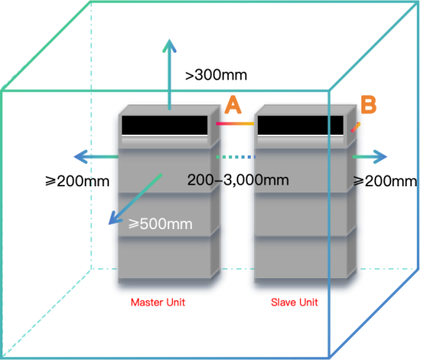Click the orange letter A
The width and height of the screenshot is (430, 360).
pos(233,104)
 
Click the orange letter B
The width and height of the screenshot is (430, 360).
pos(368,104)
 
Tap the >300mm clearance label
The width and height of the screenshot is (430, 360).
pos(216,75)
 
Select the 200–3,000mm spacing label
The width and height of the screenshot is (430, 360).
pos(238,180)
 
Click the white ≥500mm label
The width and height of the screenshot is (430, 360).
pos(160,224)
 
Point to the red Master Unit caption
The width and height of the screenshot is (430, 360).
pos(157,302)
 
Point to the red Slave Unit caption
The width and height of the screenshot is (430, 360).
pos(294,302)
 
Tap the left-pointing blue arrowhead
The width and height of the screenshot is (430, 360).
pos(80,157)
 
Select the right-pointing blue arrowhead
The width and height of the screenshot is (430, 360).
pos(380,157)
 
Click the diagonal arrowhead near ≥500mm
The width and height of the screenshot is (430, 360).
pos(115,218)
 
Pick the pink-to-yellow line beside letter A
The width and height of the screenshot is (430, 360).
pos(235,124)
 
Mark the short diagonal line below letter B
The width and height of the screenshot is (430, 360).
pos(356,127)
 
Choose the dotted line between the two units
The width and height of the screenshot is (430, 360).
pos(236,157)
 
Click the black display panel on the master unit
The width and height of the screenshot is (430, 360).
pos(164,125)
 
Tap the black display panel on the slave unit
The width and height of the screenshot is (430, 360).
pos(300,125)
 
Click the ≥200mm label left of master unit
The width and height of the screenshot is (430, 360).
pos(77,181)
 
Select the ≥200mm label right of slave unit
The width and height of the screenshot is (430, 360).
pos(385,181)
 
